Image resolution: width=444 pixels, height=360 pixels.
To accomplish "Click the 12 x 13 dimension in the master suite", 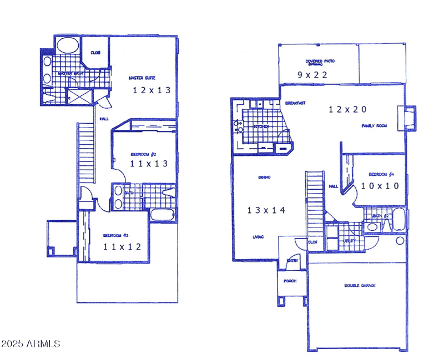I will click(150, 90).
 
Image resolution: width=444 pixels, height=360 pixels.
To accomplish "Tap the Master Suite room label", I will click(141, 78).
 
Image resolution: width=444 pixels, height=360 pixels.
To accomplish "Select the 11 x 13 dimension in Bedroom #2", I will click(148, 164).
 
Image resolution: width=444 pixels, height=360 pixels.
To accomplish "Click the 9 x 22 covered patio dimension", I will click(312, 74).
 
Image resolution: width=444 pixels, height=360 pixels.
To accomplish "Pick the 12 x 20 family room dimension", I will click(348, 110).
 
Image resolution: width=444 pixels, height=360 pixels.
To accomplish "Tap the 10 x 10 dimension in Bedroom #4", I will click(380, 186).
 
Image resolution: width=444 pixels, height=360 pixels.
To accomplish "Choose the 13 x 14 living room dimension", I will click(266, 210).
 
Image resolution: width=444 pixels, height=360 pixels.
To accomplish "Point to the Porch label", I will click(290, 281).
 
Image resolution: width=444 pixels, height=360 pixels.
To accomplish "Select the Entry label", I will click(292, 261).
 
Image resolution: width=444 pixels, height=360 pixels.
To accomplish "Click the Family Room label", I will click(374, 126).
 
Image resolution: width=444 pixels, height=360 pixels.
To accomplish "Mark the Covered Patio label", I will click(320, 61).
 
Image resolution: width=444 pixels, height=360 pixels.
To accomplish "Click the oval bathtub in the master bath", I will click(68, 45).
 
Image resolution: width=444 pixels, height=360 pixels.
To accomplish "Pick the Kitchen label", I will click(261, 126).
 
